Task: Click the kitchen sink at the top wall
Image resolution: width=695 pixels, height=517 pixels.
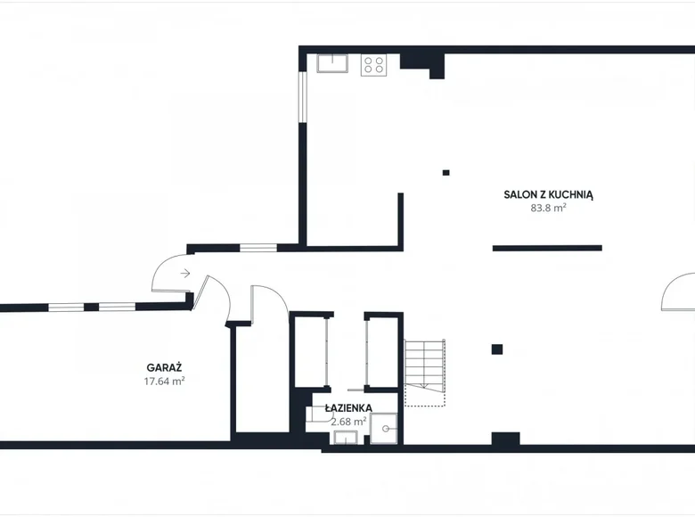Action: tap(332, 63)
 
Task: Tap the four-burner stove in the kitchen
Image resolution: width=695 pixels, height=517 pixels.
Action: tap(373, 65)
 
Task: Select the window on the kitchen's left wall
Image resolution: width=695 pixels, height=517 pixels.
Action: tap(302, 96)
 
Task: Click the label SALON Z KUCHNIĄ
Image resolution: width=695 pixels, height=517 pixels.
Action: tap(548, 194)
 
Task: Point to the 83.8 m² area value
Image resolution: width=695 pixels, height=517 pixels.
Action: tap(548, 208)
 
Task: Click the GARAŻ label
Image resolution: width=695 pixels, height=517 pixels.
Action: tap(164, 367)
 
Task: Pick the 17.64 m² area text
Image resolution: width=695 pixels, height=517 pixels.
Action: tap(164, 381)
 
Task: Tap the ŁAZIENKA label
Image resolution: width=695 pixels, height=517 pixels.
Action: tap(348, 407)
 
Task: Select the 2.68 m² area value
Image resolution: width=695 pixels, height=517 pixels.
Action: tap(348, 422)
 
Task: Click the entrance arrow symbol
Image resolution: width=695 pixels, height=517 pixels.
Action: tap(185, 273)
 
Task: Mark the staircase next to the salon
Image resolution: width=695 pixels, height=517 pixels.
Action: tap(425, 373)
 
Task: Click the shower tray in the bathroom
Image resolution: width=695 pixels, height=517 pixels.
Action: tap(384, 429)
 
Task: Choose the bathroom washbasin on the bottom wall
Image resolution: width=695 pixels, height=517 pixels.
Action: tap(346, 438)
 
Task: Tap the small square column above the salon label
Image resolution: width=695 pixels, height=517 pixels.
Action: tap(446, 172)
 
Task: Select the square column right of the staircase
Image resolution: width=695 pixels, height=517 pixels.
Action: tap(497, 349)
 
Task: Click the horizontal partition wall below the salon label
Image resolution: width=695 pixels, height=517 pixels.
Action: tap(547, 249)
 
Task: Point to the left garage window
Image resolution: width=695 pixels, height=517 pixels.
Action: tap(66, 307)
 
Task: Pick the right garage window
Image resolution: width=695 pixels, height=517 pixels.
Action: tap(117, 307)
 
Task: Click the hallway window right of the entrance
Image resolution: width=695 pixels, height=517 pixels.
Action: tap(258, 248)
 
